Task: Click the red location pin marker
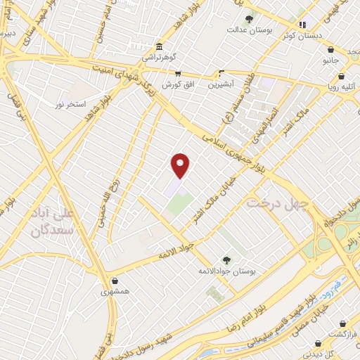181,165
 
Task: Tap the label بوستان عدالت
248,30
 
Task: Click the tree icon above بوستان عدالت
248,19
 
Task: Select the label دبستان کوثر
303,34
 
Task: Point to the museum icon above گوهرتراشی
160,46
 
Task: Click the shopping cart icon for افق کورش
178,73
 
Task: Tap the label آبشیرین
221,84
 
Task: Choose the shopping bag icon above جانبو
330,50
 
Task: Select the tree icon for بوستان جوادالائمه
226,260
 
